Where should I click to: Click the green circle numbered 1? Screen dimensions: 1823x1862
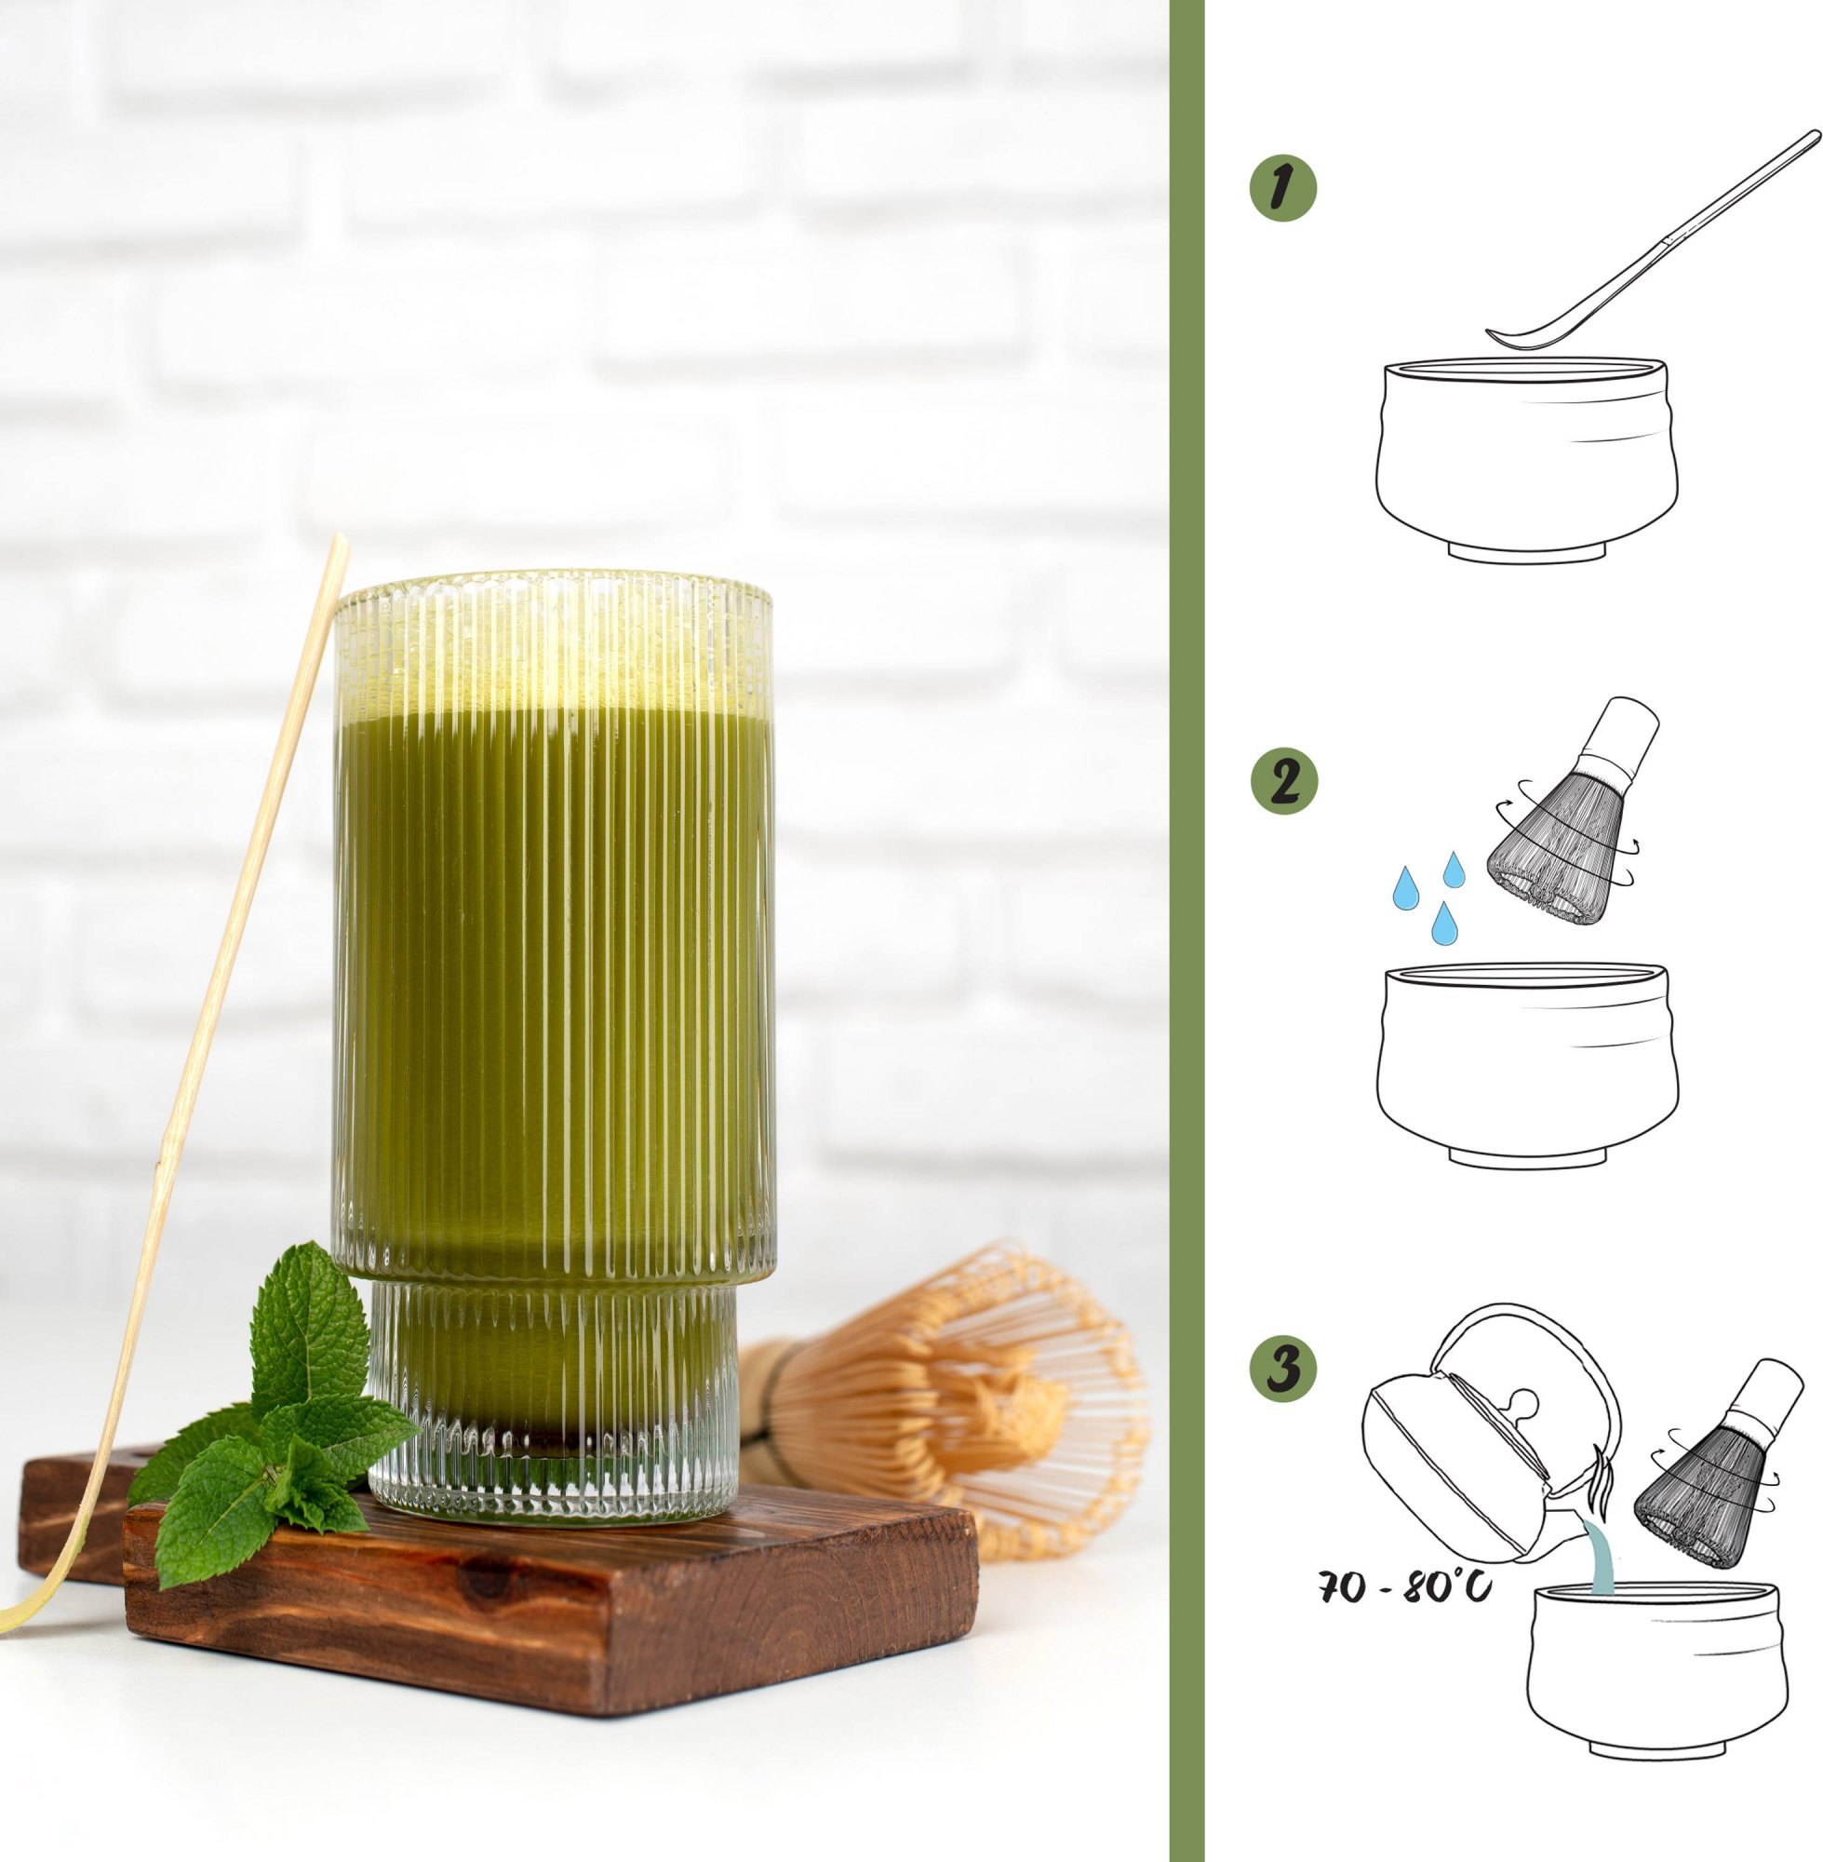(x=1283, y=189)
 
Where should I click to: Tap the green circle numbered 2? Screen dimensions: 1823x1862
(x=1284, y=782)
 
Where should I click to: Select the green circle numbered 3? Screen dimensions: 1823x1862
(x=1283, y=1370)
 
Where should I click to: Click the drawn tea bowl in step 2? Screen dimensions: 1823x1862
(x=1528, y=1064)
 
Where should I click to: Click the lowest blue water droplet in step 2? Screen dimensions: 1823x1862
(x=1444, y=923)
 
